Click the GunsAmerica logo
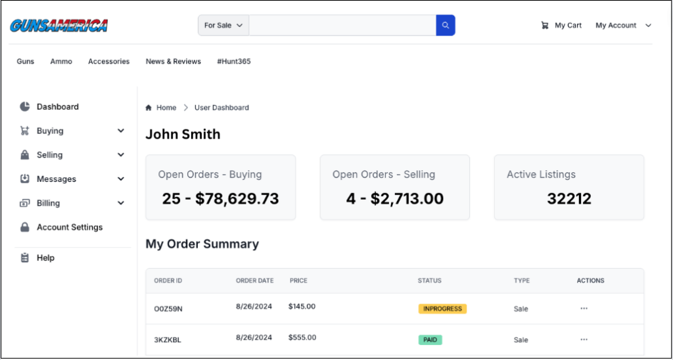58,26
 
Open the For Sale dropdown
223,26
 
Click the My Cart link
562,26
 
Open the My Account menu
623,26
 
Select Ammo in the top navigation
61,62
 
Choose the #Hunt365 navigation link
233,62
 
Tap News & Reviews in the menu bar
174,62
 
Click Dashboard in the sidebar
57,107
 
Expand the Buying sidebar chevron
121,131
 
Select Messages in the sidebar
56,179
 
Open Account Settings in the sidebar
69,227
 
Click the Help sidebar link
45,258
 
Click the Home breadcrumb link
166,108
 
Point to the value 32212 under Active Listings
569,198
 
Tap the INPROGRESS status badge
442,309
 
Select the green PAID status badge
430,340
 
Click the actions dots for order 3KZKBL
584,340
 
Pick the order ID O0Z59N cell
168,309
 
